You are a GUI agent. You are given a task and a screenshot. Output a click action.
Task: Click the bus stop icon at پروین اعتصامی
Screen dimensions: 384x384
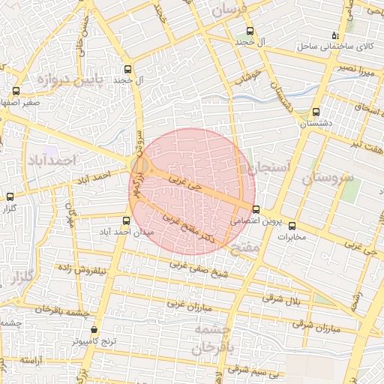click(x=256, y=209)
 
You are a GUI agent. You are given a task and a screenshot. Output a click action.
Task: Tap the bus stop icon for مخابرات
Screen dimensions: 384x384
click(x=292, y=226)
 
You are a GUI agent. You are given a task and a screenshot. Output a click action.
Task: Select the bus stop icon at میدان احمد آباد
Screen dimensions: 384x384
click(x=126, y=220)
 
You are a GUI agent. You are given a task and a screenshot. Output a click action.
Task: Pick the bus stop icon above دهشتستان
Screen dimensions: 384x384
click(x=316, y=111)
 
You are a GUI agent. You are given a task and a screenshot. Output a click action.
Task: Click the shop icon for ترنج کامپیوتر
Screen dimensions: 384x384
click(x=94, y=330)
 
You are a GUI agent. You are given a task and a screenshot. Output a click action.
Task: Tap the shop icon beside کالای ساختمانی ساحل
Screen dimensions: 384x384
click(x=335, y=35)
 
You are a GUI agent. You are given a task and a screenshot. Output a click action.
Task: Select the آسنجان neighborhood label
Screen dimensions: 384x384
click(x=266, y=169)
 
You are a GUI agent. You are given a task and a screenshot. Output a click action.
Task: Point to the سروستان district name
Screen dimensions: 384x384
click(x=328, y=178)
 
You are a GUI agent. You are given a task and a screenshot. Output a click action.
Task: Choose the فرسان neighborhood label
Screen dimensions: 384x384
click(x=228, y=10)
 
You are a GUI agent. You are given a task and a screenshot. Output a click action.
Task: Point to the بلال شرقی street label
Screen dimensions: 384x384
click(x=281, y=300)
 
